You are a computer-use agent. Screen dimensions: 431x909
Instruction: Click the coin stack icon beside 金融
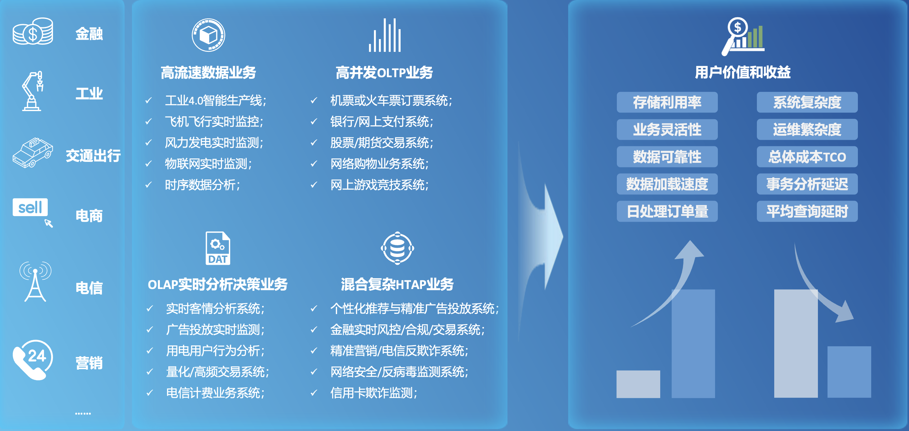tap(33, 32)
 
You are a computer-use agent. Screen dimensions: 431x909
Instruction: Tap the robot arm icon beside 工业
tap(33, 91)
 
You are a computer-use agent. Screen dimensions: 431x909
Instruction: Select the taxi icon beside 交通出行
tap(33, 153)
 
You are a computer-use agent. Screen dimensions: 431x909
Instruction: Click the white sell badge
tap(30, 207)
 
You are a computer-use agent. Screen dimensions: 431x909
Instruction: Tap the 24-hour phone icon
tap(33, 360)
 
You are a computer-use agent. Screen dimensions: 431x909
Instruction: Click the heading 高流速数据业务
tap(208, 73)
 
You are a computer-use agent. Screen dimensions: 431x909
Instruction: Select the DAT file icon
tap(218, 248)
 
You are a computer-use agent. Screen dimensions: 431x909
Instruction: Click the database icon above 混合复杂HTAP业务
tap(397, 248)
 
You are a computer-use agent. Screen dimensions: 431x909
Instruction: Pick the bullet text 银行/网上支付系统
tap(381, 122)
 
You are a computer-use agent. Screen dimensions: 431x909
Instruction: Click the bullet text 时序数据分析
tap(202, 185)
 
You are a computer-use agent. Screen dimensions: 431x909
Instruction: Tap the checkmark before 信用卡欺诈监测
tap(314, 393)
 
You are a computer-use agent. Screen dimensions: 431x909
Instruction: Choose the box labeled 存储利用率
tap(667, 102)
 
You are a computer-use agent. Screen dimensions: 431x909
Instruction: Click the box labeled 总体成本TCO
tap(807, 157)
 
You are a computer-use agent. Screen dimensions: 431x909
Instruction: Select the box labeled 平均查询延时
tap(807, 211)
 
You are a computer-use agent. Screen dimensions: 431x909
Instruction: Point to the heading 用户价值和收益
tap(742, 73)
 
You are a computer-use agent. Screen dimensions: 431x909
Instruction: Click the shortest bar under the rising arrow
tap(638, 384)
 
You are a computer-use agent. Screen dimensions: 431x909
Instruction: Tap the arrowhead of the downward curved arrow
tap(845, 313)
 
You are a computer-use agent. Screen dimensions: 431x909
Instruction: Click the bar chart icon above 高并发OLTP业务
tap(384, 35)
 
